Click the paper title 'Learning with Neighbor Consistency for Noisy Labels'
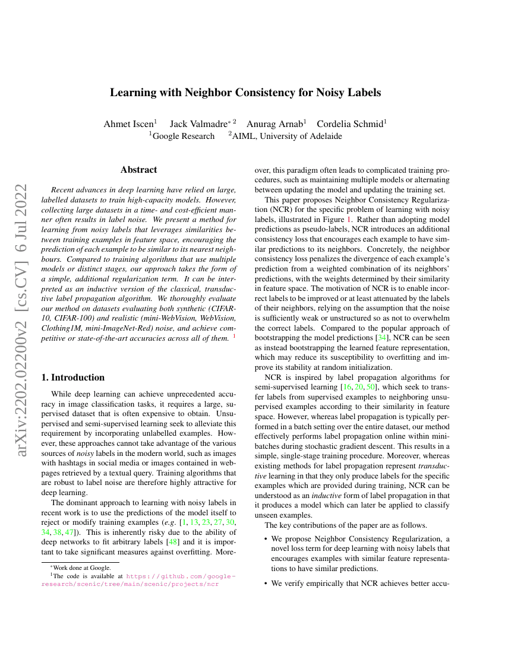[245, 93]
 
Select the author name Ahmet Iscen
[129, 124]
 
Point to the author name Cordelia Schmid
[350, 124]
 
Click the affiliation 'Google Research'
[184, 137]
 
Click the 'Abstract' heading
[139, 170]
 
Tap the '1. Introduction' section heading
[75, 378]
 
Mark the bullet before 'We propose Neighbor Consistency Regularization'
[265, 539]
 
